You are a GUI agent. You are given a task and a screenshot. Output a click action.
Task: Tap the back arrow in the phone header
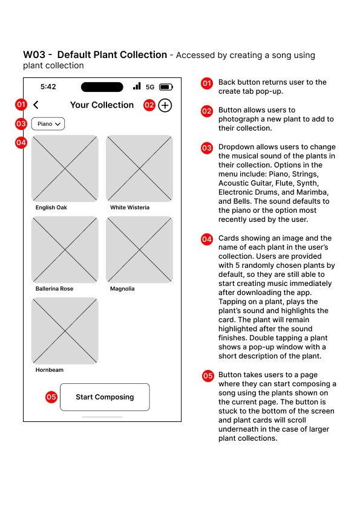(36, 105)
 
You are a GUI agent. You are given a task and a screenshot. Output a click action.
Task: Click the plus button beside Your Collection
(165, 106)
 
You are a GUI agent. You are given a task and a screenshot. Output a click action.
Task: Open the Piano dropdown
(48, 124)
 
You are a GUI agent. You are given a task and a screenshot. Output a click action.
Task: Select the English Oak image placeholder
(65, 169)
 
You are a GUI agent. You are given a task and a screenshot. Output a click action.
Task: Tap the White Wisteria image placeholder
(139, 169)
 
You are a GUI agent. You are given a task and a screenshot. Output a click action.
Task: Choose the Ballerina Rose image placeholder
(65, 250)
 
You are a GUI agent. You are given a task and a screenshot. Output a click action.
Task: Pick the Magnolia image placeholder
(139, 250)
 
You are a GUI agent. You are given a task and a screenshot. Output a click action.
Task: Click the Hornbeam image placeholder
(65, 331)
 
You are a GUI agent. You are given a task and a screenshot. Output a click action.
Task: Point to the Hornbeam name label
(50, 370)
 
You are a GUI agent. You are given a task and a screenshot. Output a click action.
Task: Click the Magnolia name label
(122, 288)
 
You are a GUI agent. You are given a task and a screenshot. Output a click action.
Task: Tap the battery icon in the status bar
(166, 87)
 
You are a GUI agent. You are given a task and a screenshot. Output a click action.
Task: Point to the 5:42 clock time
(48, 86)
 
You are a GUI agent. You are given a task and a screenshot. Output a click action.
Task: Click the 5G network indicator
(150, 87)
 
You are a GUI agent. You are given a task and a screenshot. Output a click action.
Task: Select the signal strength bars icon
(137, 86)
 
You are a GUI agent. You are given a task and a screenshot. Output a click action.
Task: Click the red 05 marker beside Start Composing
(51, 397)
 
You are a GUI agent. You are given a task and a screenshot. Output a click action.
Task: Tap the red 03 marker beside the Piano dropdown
(21, 124)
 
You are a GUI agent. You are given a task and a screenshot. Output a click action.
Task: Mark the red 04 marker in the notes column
(207, 239)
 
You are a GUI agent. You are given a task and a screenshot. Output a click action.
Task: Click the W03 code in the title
(34, 55)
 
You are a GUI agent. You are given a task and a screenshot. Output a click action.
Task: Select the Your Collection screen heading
(102, 105)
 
